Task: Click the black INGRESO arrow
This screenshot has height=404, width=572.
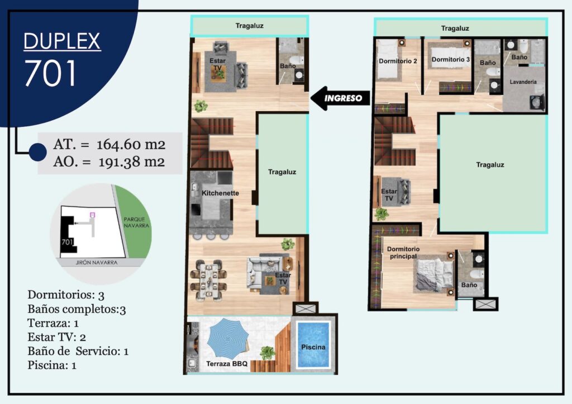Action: click(340, 98)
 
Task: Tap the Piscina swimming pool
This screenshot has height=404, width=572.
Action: click(313, 345)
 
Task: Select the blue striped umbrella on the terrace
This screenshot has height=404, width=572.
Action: click(228, 338)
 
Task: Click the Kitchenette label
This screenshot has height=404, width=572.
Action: click(220, 193)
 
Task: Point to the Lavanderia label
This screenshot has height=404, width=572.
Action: click(523, 82)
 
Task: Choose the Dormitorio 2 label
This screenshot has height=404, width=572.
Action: click(398, 61)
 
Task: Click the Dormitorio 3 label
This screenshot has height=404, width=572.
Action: click(451, 59)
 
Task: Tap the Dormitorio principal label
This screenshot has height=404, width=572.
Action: click(403, 253)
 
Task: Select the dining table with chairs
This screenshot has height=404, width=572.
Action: click(208, 281)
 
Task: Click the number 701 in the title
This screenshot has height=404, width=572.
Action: click(50, 73)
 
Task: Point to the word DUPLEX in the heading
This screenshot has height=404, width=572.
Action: click(62, 41)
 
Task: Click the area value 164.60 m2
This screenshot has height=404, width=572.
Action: click(131, 145)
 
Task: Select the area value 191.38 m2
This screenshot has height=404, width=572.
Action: click(131, 161)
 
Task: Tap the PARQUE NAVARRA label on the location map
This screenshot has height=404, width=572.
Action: click(136, 222)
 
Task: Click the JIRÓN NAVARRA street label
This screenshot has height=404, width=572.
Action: click(97, 263)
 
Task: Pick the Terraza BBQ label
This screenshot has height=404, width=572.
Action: click(227, 364)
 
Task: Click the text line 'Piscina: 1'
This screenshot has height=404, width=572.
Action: click(52, 365)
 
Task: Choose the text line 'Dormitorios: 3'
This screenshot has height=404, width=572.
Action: click(66, 295)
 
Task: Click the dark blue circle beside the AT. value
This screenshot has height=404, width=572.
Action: click(37, 152)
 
